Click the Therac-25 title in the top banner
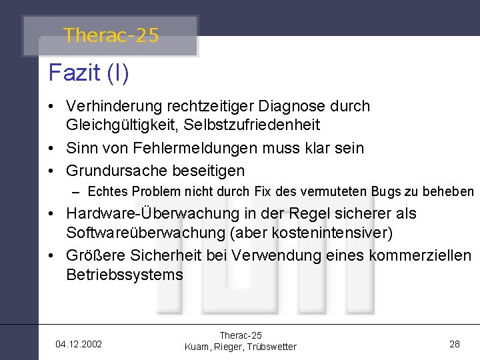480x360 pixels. click(x=111, y=35)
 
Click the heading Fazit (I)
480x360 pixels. click(x=89, y=72)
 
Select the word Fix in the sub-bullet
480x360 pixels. click(x=262, y=192)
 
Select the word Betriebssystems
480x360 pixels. click(x=124, y=275)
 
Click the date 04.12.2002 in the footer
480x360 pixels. click(x=79, y=344)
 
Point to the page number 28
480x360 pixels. click(x=455, y=344)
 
